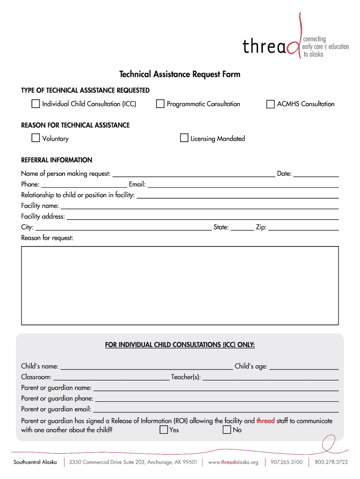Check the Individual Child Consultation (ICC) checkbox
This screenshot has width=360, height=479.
click(x=36, y=104)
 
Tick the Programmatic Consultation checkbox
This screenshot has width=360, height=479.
click(x=160, y=104)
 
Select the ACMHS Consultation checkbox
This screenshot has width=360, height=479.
click(x=270, y=104)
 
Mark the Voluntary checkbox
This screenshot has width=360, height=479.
click(x=36, y=138)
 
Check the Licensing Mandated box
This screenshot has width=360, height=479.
click(x=184, y=138)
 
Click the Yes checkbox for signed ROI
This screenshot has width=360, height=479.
click(x=164, y=430)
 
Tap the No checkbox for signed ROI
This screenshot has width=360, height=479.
click(x=227, y=430)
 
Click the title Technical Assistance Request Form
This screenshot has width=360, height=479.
click(x=180, y=74)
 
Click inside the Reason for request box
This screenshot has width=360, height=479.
click(x=180, y=285)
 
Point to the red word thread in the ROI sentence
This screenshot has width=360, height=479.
click(x=266, y=421)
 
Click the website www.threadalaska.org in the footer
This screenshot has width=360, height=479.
click(x=233, y=462)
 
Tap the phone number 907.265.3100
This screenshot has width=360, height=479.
click(x=286, y=462)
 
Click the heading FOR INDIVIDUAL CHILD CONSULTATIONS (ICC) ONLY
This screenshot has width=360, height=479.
click(x=180, y=345)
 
